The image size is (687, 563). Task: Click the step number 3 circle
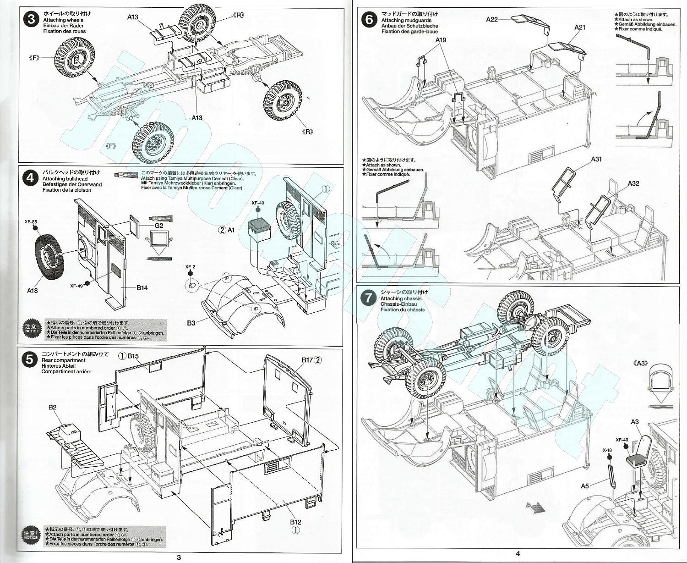[x=31, y=19]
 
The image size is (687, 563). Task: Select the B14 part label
[x=142, y=288]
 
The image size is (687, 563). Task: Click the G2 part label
[x=159, y=226]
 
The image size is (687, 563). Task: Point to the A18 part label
[x=33, y=290]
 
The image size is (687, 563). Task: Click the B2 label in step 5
[x=53, y=407]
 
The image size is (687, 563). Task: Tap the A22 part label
[x=492, y=19]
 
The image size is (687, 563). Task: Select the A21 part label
[x=580, y=28]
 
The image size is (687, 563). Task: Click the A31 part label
[x=596, y=159]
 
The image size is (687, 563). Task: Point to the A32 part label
[x=633, y=183]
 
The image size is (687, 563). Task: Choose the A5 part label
[x=584, y=486]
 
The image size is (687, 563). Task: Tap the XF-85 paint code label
[x=31, y=221]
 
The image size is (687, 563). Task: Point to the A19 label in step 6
[x=441, y=40]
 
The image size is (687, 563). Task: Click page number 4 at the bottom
[x=518, y=554]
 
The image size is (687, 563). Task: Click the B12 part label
[x=295, y=522]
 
